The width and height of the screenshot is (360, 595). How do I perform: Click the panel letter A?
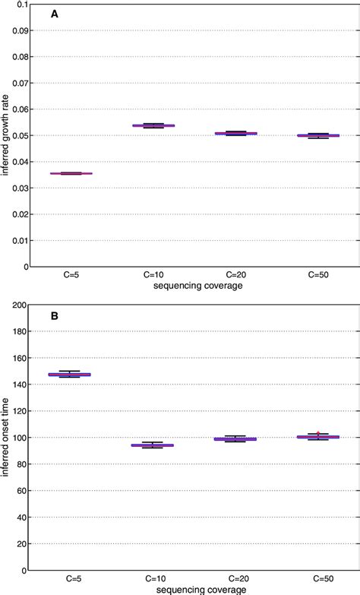(x=55, y=14)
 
